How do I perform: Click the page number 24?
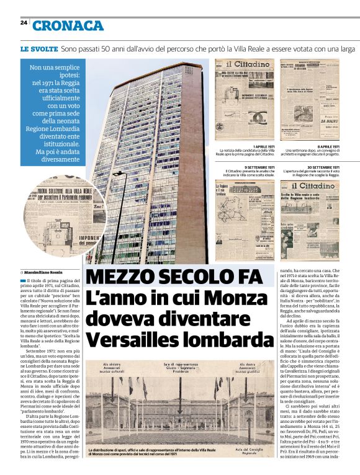[23, 22]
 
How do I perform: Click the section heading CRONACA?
[68, 25]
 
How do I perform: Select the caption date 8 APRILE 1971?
[327, 146]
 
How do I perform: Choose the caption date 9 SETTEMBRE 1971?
[259, 167]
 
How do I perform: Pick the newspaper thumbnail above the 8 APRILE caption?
[309, 100]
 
